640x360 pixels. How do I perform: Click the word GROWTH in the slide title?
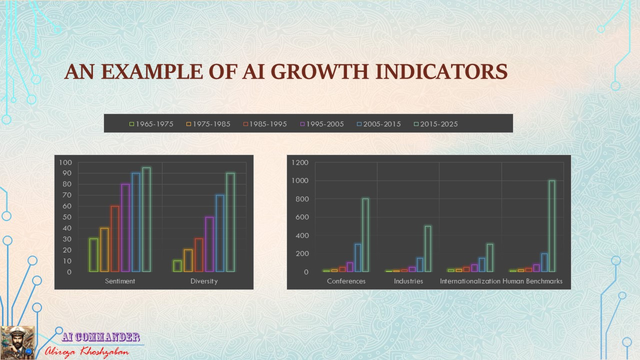(320, 72)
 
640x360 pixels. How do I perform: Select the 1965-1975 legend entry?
(151, 124)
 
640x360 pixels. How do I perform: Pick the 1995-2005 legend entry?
(322, 124)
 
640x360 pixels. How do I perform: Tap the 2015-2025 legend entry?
(436, 124)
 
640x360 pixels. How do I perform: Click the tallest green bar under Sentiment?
(147, 220)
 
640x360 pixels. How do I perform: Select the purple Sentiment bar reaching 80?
(125, 228)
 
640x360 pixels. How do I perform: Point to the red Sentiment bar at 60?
(115, 239)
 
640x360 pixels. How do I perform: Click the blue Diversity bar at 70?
(220, 233)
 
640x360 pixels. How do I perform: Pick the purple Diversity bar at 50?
(209, 244)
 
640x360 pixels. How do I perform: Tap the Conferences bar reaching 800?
(366, 235)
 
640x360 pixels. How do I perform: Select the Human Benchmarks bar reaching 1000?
(552, 226)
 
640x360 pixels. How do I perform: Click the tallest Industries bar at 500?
(428, 249)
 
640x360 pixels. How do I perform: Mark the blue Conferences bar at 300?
(358, 258)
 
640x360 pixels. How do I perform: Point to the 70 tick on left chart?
(67, 195)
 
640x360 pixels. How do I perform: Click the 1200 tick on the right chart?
(300, 163)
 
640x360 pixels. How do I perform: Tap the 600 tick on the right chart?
(302, 217)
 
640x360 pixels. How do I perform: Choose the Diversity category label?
(204, 281)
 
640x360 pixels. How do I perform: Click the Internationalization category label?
(470, 281)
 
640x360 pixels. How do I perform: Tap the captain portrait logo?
(17, 343)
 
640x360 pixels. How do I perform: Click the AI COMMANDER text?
(101, 337)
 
